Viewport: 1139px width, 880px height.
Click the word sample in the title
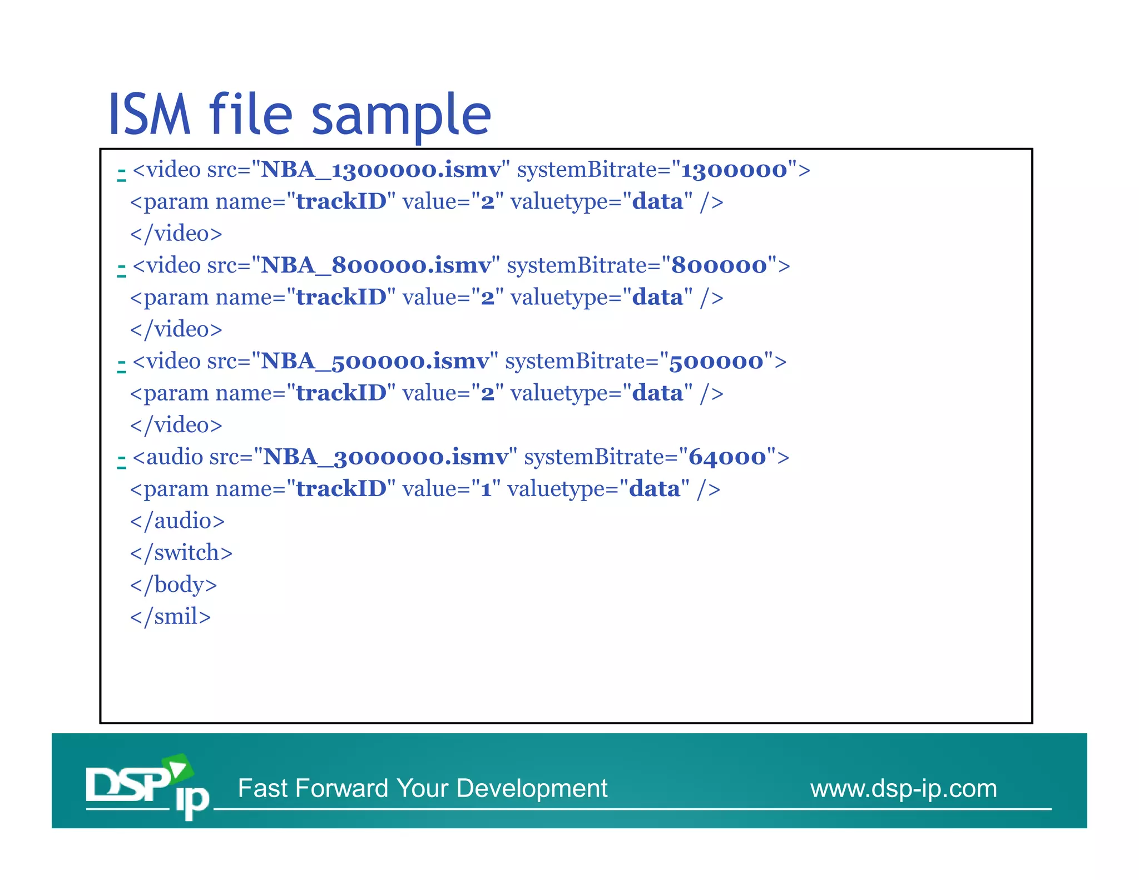click(x=402, y=116)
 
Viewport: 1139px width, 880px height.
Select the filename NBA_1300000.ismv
click(x=380, y=170)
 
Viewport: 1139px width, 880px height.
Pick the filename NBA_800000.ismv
click(x=376, y=265)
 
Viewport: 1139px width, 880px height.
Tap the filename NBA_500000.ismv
click(x=375, y=362)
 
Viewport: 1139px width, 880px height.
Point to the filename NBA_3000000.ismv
click(x=385, y=457)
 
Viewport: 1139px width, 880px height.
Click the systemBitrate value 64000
click(x=727, y=457)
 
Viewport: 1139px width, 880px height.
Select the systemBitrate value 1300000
click(x=734, y=170)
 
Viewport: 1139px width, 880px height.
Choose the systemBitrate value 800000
click(x=719, y=265)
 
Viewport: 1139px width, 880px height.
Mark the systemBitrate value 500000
click(x=716, y=362)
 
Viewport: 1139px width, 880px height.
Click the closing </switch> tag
click(x=181, y=553)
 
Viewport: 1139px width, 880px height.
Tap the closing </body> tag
click(x=174, y=585)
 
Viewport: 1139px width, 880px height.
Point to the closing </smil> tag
click(x=170, y=617)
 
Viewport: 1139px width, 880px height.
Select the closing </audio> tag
click(x=177, y=521)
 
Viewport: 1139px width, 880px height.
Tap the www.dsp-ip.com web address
click(x=903, y=789)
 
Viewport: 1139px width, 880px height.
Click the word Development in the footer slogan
click(x=532, y=789)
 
